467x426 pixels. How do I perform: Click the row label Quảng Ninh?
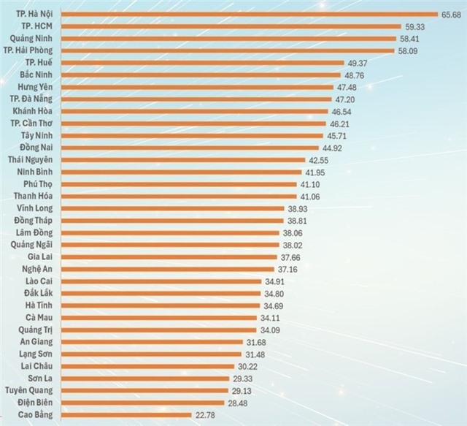[36, 39]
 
